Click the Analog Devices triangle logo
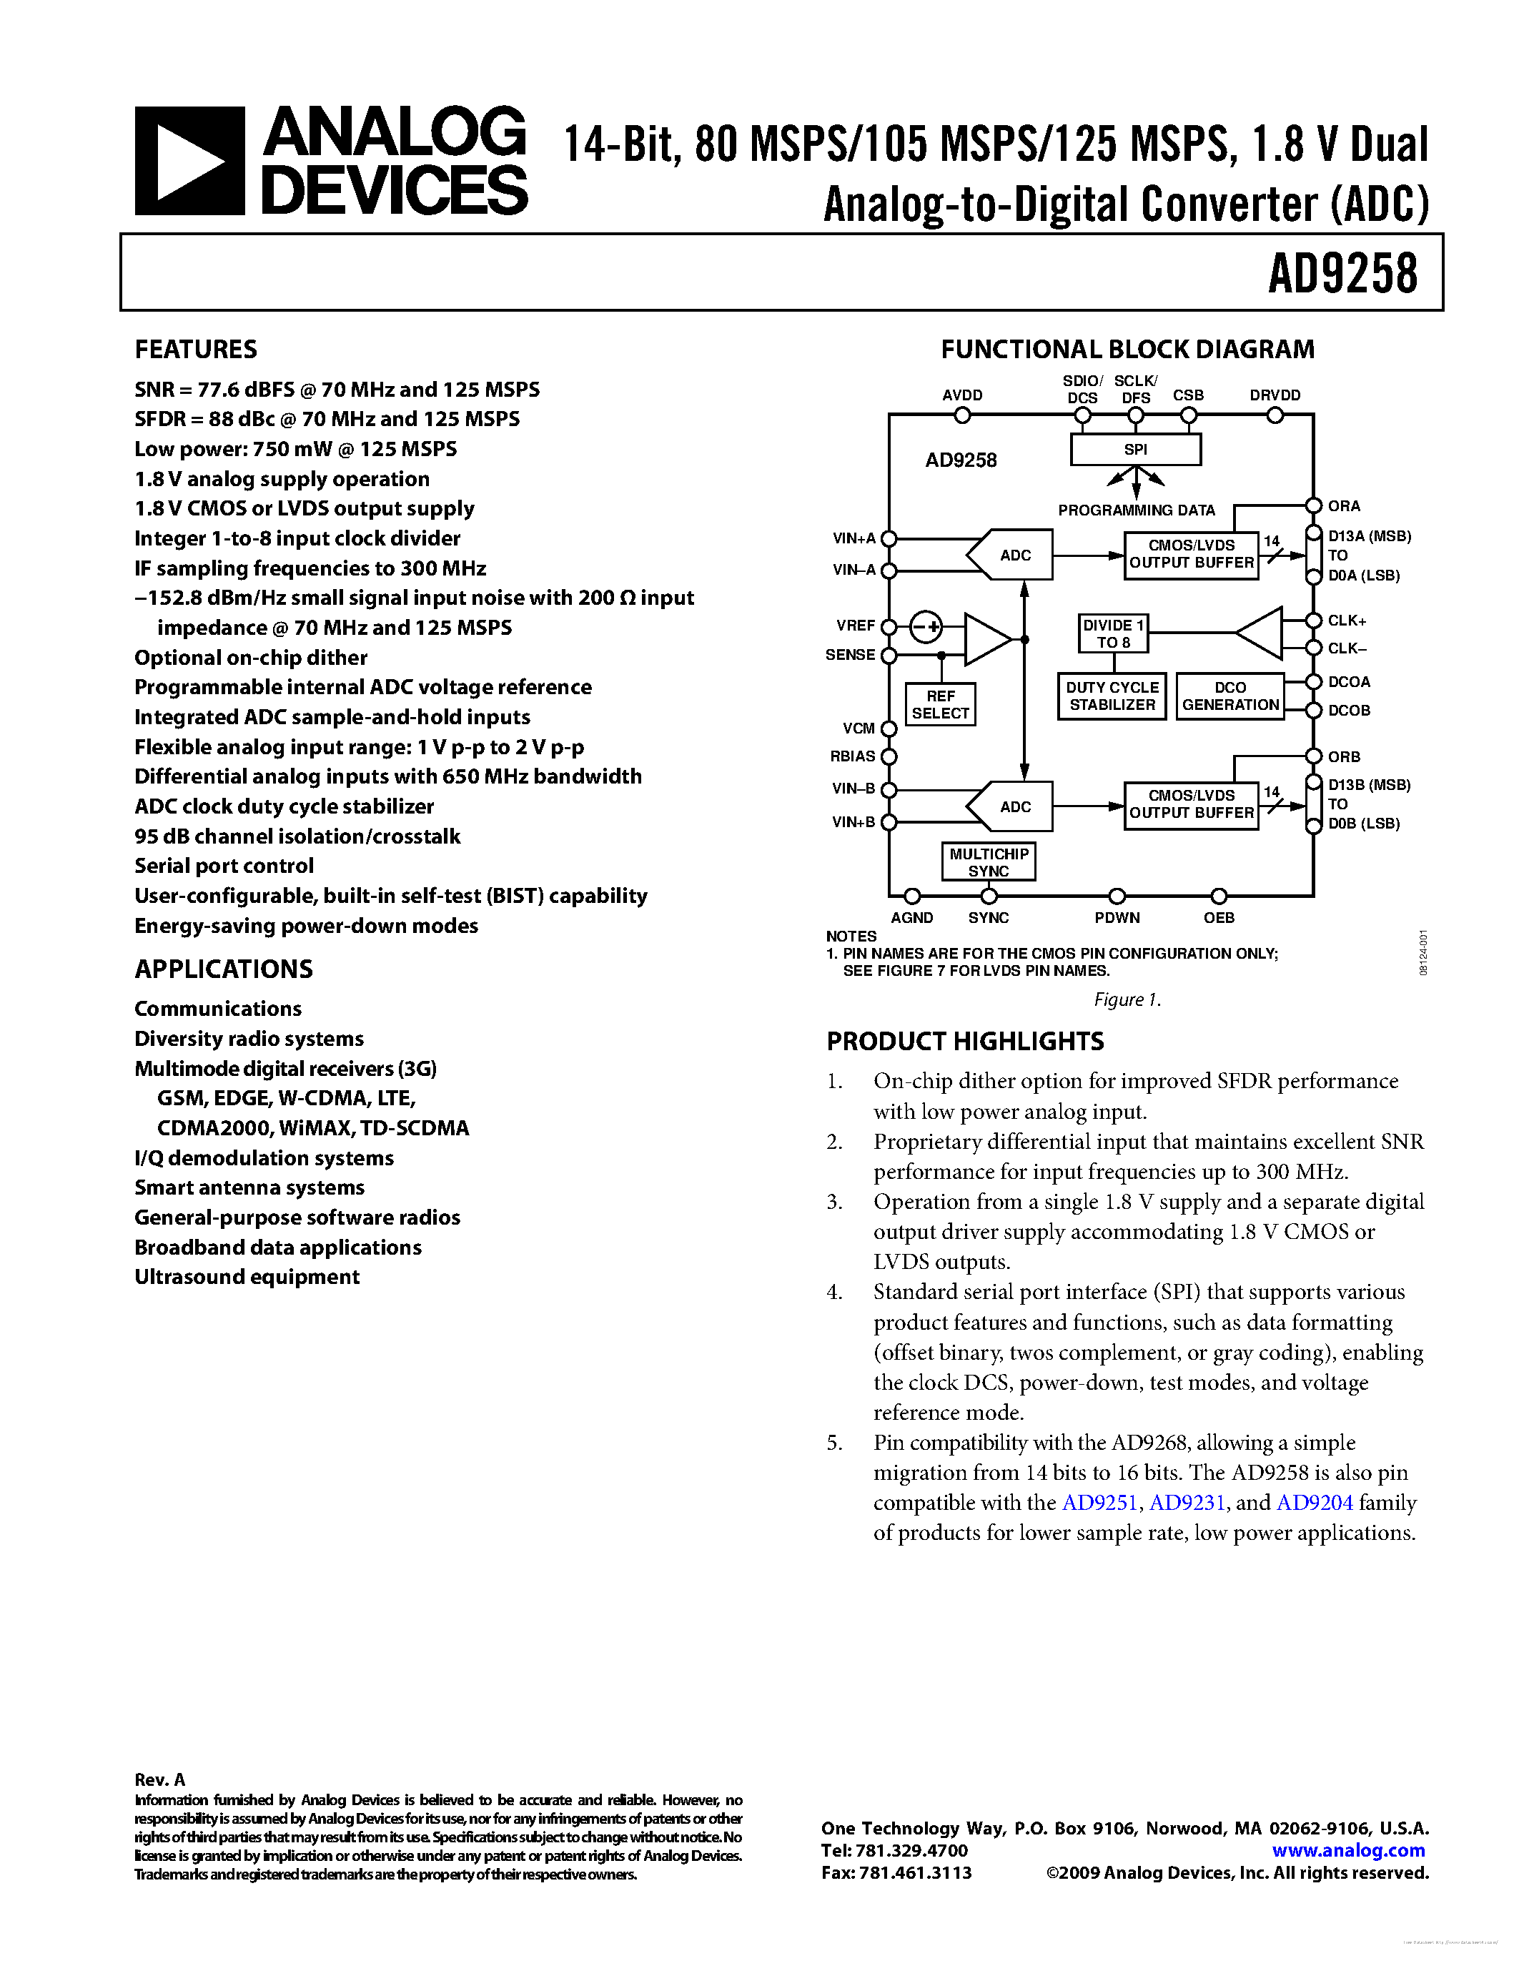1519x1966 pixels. click(189, 161)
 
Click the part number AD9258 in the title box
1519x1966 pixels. click(1342, 274)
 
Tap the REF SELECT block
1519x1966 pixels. click(941, 704)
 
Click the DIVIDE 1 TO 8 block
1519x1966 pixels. click(1113, 633)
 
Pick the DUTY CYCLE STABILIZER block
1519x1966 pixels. click(1112, 696)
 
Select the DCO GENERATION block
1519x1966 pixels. click(1230, 696)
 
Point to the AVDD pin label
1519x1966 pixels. click(962, 395)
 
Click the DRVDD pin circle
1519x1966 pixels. click(1275, 415)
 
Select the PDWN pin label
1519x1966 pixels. click(1117, 917)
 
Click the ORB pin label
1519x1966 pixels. click(1344, 757)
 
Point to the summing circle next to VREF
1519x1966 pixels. click(925, 626)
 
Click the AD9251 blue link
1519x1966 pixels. click(1099, 1503)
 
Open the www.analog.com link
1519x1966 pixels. click(1348, 1851)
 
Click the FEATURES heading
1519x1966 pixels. click(195, 350)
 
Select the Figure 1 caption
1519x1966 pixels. click(1127, 999)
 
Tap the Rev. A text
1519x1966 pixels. click(159, 1779)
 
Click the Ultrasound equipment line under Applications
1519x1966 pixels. click(247, 1276)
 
